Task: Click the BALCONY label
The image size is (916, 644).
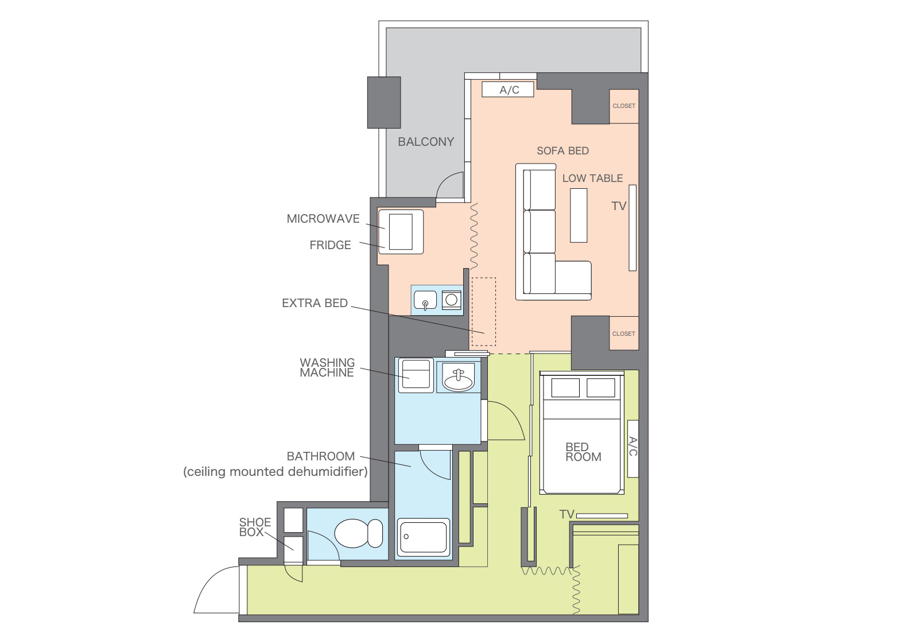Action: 426,142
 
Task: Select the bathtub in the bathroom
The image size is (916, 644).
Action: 424,537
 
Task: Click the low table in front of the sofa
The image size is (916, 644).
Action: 579,215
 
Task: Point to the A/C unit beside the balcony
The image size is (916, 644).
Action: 508,90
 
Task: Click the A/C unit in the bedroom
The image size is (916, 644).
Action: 632,448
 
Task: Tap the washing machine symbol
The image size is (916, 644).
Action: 416,375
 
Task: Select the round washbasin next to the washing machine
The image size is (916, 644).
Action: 459,378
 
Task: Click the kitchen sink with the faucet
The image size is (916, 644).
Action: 425,300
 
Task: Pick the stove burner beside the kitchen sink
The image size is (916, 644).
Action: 452,300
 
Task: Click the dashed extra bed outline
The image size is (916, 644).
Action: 484,312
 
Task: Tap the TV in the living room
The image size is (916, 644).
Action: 632,228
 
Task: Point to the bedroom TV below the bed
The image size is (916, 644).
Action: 602,516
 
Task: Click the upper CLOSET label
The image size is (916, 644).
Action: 624,106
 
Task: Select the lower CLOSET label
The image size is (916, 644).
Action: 624,333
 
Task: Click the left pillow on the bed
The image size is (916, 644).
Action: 565,387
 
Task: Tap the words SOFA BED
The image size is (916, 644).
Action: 562,151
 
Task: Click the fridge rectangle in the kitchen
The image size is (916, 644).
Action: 401,231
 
